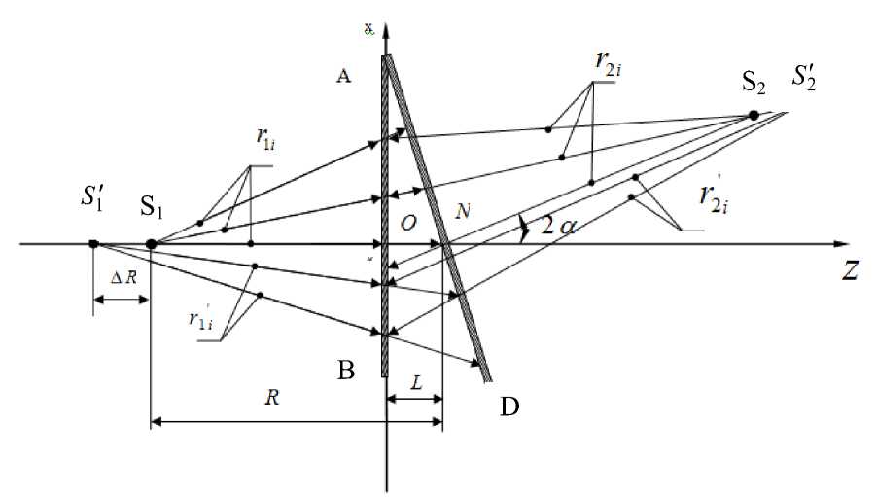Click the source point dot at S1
[x=152, y=244]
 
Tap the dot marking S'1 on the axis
[x=93, y=244]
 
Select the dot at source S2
[x=754, y=116]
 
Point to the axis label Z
[x=850, y=273]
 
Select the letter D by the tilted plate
[x=509, y=406]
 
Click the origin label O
[x=408, y=224]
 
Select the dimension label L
[x=415, y=384]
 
